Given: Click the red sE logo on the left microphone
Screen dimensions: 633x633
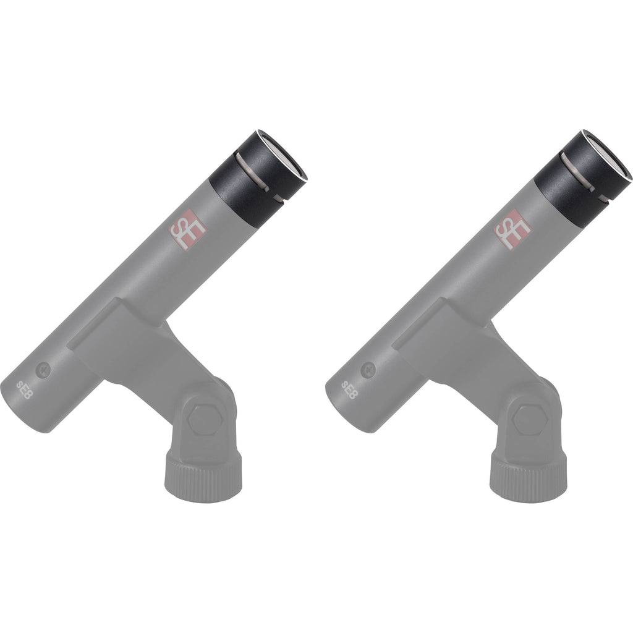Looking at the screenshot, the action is (187, 230).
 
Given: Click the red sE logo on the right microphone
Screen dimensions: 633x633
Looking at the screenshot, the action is (512, 230).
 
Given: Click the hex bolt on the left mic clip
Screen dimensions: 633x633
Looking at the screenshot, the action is (205, 420).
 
